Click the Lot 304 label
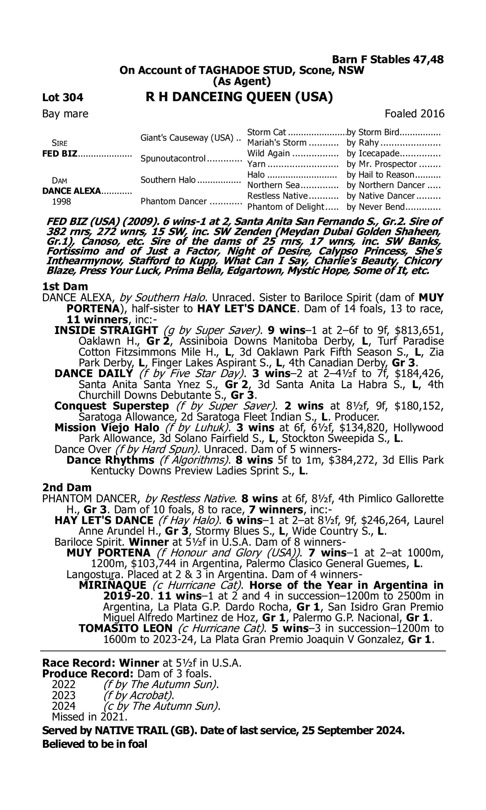tap(63, 98)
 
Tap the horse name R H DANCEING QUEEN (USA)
tap(239, 97)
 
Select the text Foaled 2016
tap(414, 114)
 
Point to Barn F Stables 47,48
tap(388, 60)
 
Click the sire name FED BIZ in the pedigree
tap(60, 154)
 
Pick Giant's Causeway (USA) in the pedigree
tap(187, 138)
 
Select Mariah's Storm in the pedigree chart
tap(277, 143)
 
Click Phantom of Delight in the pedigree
tap(285, 207)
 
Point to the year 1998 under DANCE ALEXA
tap(62, 202)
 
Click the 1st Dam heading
tap(65, 286)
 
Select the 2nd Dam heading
tap(67, 488)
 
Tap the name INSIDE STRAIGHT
tap(106, 330)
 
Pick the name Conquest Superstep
tap(112, 406)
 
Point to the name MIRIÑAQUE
tap(113, 585)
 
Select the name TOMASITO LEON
tap(126, 628)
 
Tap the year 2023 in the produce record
tap(64, 695)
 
